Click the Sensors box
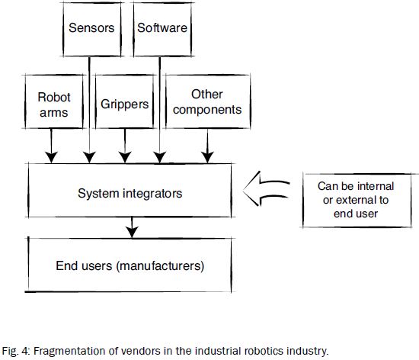(x=91, y=29)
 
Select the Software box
(x=162, y=29)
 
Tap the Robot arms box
(x=53, y=104)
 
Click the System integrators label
(x=130, y=194)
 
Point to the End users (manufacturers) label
(x=130, y=266)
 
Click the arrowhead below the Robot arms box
(x=52, y=156)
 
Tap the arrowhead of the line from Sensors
(x=90, y=156)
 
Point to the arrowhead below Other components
(x=206, y=156)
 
